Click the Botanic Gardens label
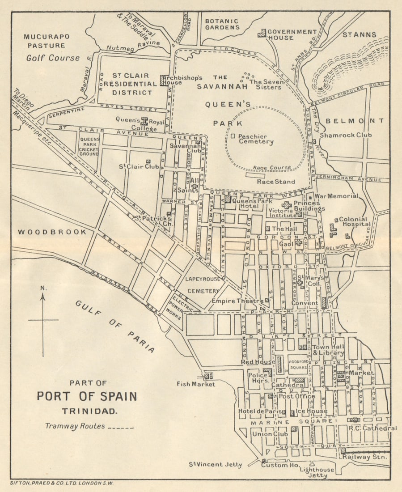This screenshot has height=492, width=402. pos(222,24)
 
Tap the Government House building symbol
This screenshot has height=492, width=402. pos(262,33)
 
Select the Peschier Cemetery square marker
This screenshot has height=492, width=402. pos(233,135)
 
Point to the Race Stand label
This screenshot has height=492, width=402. pos(275,182)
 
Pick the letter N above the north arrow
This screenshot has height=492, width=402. pos(43,288)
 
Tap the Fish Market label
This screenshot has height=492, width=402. pos(195,384)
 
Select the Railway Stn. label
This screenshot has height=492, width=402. pos(365,457)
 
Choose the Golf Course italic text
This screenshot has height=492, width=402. pos(53,58)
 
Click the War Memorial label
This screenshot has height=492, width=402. pos(336,196)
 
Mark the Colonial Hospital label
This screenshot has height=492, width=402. pos(355,222)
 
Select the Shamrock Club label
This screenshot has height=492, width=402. pos(349,135)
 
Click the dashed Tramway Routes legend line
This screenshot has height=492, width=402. pos(121,428)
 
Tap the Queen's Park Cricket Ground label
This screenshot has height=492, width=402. pos(89,146)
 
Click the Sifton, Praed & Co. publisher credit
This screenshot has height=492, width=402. pos(62,484)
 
